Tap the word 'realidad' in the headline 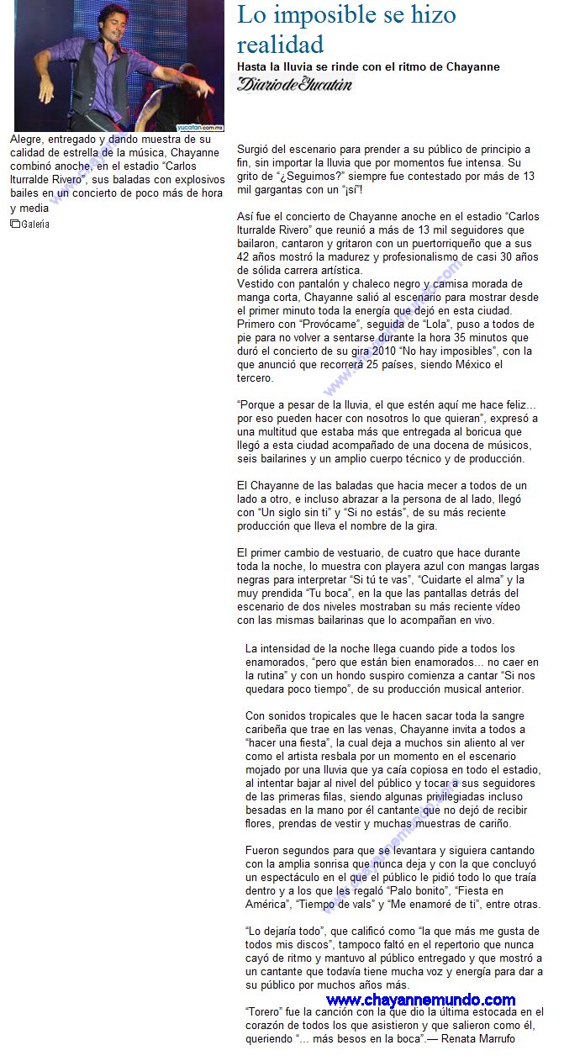click(280, 44)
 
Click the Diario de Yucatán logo click(294, 83)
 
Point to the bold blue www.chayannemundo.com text click(420, 1000)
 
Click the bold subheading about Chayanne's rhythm click(368, 66)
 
